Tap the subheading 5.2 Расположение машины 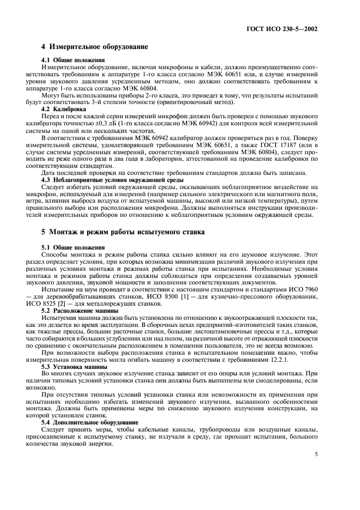pos(81,310)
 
